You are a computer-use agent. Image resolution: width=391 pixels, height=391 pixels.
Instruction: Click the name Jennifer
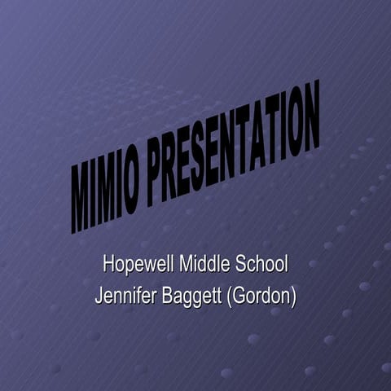point(124,294)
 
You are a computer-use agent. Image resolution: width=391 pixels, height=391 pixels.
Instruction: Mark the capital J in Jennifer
point(99,294)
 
